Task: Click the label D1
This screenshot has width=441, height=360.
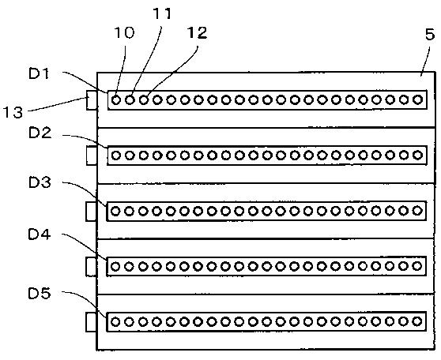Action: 39,73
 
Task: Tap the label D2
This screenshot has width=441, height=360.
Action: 40,133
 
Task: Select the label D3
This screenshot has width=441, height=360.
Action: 40,182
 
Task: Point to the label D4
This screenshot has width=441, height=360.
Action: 40,234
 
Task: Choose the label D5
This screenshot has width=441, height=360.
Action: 40,294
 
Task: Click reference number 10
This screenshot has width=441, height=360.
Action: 124,32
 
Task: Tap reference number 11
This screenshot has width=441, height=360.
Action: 162,13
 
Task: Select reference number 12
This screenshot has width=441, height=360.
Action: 197,32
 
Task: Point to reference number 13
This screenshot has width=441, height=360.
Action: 13,112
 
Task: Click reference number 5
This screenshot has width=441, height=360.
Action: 430,35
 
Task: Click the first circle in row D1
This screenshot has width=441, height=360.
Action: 116,99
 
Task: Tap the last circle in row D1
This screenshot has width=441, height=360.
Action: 418,99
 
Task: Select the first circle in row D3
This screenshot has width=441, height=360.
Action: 115,211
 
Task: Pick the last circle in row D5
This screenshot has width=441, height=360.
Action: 417,321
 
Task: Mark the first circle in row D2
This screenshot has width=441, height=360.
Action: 116,155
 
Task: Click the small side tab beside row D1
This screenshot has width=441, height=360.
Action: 92,100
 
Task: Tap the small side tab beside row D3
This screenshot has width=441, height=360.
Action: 92,212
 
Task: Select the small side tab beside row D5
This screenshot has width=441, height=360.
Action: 92,322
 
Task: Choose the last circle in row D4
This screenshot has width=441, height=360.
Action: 417,266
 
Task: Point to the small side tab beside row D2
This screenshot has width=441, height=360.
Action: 92,156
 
